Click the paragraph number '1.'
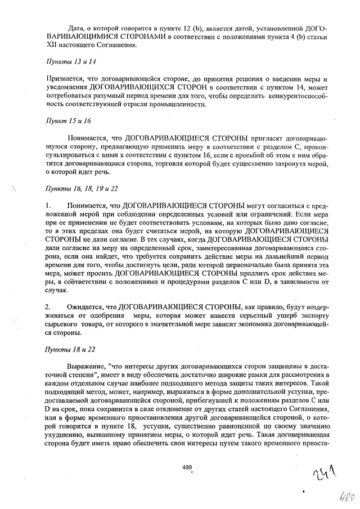coord(48,206)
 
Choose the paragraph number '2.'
coord(48,307)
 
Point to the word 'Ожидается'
coord(85,307)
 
